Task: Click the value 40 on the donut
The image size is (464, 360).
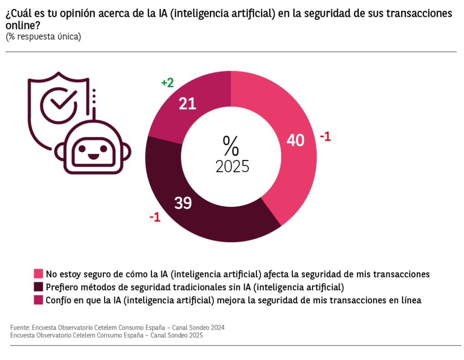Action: (295, 141)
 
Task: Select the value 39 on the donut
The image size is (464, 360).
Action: (183, 204)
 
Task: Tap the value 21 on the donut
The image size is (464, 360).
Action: (187, 104)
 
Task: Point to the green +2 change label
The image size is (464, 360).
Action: (167, 83)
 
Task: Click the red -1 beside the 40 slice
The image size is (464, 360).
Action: (325, 136)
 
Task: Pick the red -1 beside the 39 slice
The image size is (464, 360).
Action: (155, 217)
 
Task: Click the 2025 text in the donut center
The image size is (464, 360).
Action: (232, 166)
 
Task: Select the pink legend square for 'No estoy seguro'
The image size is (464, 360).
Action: (38, 274)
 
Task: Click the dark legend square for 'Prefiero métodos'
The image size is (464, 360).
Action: (38, 287)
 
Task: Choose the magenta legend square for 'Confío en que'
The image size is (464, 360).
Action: (38, 300)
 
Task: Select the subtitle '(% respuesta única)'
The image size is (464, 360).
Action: (43, 37)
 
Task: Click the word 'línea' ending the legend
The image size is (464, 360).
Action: (411, 300)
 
